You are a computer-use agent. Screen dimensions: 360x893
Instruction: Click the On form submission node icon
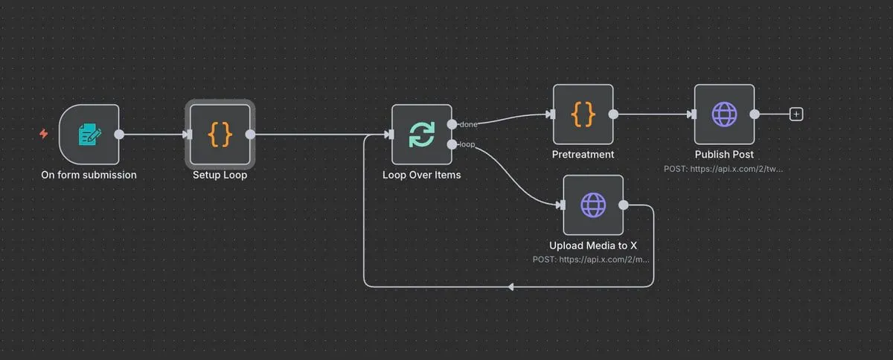[x=89, y=134]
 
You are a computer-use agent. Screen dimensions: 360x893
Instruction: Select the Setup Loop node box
[x=220, y=134]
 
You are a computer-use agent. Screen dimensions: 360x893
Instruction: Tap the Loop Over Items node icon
[x=422, y=134]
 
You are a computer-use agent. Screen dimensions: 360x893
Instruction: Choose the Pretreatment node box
[x=583, y=115]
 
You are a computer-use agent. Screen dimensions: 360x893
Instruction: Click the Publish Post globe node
[x=724, y=115]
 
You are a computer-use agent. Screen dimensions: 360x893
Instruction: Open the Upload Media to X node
[x=593, y=205]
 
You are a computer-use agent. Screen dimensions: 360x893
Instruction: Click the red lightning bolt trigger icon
[x=43, y=134]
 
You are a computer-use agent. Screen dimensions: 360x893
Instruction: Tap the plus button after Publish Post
[x=796, y=115]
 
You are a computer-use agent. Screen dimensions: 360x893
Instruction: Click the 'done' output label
[x=469, y=124]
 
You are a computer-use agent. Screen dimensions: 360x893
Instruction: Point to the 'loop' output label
[x=468, y=144]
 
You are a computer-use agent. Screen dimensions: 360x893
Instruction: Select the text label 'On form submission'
[x=89, y=176]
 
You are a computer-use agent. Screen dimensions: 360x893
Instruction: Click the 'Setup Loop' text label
[x=220, y=176]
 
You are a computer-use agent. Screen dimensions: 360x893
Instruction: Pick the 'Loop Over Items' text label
[x=422, y=176]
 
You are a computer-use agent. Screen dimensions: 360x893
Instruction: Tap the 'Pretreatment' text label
[x=583, y=155]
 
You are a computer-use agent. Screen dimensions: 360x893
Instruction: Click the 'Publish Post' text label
[x=724, y=155]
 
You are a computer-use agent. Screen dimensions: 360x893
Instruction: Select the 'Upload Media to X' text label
[x=593, y=245]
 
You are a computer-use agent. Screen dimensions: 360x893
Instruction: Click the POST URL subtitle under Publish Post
[x=724, y=169]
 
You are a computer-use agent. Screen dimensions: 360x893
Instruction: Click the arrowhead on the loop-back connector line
[x=510, y=286]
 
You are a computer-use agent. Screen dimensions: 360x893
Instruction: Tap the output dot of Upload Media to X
[x=624, y=205]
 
